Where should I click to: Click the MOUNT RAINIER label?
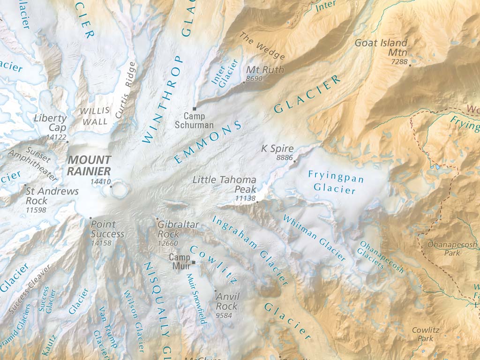[89, 165]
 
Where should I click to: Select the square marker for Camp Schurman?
[195, 109]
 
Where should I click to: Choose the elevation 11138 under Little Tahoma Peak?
[246, 199]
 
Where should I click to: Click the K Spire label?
[277, 149]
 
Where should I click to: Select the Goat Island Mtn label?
[381, 47]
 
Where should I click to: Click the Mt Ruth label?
[258, 70]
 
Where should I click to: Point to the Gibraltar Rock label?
[178, 229]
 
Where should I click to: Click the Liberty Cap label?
[50, 123]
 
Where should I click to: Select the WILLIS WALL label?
[95, 115]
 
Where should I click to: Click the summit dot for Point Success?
[91, 218]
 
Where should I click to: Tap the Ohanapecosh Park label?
[452, 248]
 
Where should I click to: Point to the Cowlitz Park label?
[426, 334]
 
